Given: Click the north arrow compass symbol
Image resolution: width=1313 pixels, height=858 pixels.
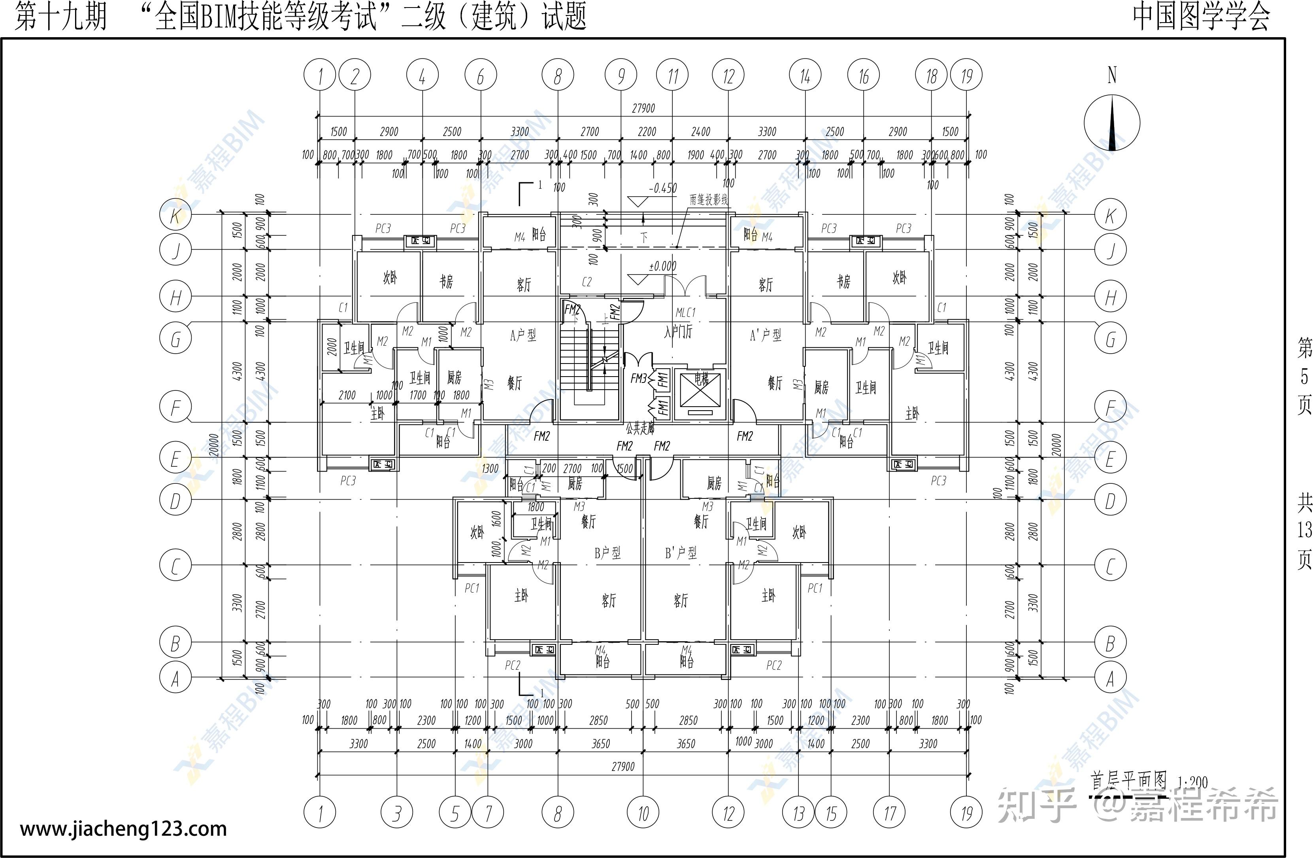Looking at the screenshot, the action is point(1112,123).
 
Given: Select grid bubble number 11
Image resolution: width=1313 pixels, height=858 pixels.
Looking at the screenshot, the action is point(672,76).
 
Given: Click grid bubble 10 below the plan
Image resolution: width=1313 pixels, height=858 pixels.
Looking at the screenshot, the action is point(643,813).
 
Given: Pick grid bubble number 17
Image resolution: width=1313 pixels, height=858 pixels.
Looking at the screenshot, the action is point(889,813).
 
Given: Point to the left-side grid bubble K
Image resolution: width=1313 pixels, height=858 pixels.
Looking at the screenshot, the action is point(175,215).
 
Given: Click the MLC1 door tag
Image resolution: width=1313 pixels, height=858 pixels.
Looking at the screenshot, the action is point(685,313).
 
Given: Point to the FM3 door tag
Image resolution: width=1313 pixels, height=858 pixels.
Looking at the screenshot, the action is point(638,378).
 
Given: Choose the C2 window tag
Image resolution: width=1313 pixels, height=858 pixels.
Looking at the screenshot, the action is point(587,282).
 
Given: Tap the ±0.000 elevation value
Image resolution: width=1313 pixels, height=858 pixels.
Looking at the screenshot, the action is point(662,266).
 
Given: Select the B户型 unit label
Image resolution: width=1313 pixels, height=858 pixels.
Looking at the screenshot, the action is point(607,553).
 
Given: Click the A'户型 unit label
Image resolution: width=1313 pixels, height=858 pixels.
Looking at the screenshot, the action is point(765,335).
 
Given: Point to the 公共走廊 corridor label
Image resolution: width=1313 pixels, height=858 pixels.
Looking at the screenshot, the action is point(640,428).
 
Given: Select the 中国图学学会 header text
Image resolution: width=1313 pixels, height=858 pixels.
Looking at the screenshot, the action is point(1201,17).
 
